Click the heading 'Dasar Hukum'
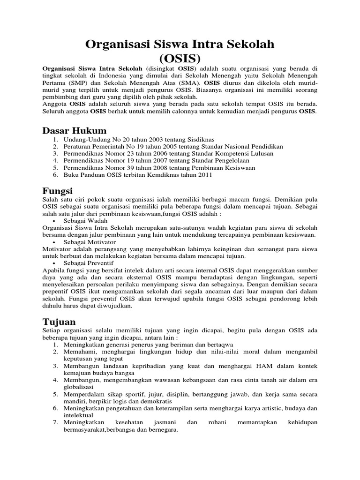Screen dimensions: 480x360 pos(75,130)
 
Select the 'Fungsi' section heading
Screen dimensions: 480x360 pos(58,191)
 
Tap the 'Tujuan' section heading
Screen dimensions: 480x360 pos(59,322)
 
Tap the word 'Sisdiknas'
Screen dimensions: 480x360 pos(197,140)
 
